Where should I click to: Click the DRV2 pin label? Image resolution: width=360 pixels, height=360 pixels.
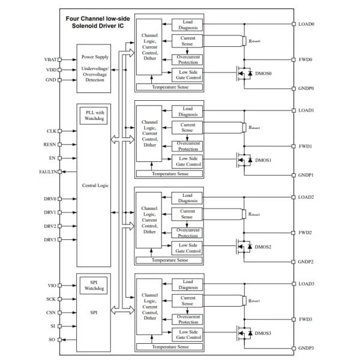(50, 226)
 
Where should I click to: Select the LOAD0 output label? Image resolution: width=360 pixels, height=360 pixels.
(307, 24)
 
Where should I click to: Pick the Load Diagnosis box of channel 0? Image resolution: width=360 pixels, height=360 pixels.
(187, 25)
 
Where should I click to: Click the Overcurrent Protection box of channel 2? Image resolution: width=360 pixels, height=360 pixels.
(187, 232)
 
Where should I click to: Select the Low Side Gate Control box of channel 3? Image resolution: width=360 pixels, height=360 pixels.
(187, 334)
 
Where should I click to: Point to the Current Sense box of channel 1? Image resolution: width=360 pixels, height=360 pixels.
(187, 127)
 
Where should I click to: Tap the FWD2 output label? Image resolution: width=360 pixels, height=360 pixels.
(306, 232)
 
